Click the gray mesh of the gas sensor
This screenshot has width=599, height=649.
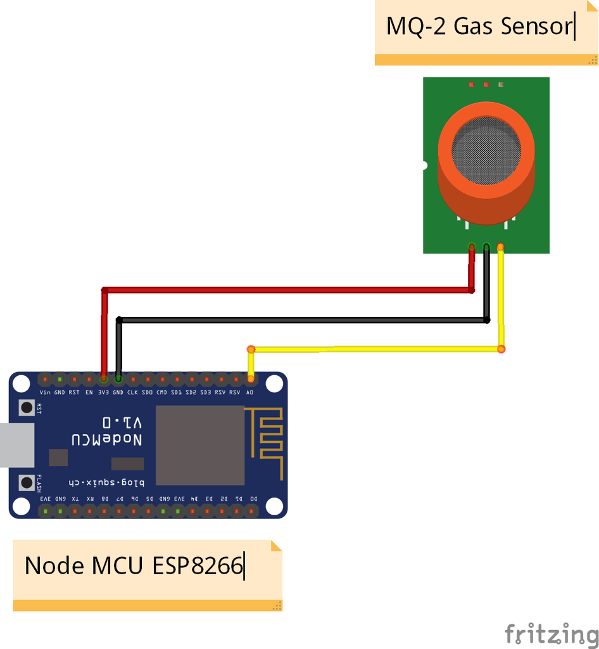click(x=486, y=150)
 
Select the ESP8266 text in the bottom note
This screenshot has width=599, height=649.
click(x=198, y=565)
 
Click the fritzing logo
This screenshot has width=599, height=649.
click(x=552, y=633)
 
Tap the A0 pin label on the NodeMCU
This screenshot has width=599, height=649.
click(x=250, y=393)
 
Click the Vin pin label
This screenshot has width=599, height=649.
click(x=45, y=393)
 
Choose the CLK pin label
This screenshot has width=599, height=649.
click(x=132, y=393)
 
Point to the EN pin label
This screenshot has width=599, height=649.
click(x=89, y=393)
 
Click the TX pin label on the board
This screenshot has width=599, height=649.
click(x=75, y=499)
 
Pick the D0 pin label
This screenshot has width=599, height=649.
click(x=253, y=499)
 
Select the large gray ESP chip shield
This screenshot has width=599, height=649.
click(x=200, y=445)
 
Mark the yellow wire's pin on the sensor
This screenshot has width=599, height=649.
click(x=501, y=247)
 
